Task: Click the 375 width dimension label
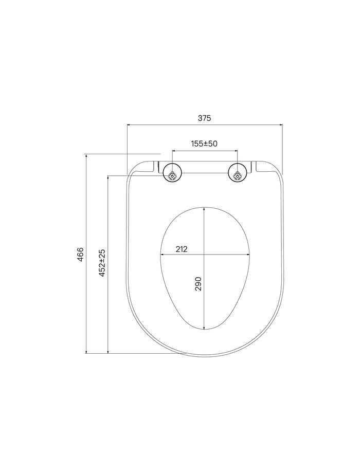204,118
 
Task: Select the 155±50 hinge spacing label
204,143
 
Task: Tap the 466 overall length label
80,254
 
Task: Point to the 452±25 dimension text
102,263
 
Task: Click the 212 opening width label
182,249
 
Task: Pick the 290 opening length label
199,284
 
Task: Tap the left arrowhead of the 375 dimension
129,124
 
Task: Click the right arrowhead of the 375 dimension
281,124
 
